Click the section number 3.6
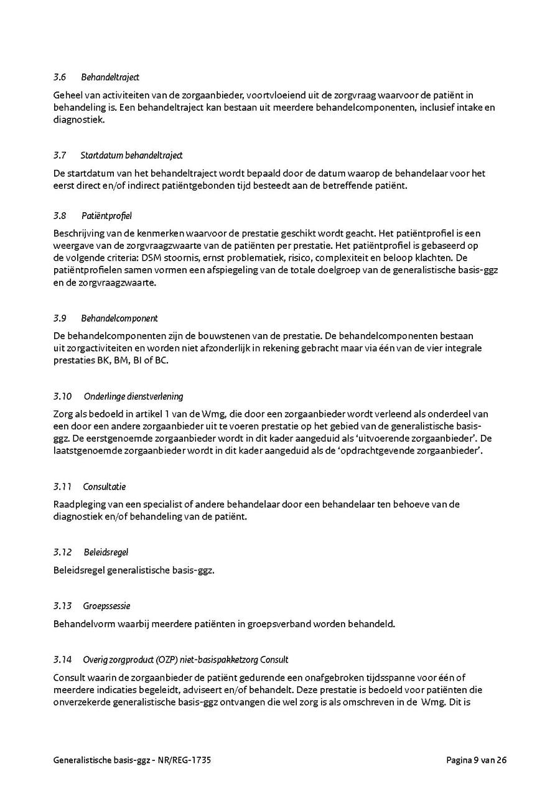(60, 77)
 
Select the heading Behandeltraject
(110, 77)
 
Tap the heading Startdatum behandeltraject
(131, 155)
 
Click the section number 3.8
(60, 216)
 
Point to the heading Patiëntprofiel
(106, 216)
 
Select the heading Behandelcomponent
(119, 318)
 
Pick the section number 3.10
(63, 396)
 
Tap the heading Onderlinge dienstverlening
(133, 396)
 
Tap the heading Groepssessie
(106, 605)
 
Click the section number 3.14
(63, 659)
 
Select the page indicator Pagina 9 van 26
(476, 760)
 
